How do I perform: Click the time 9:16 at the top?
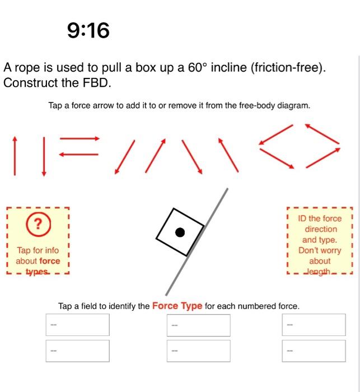point(88,30)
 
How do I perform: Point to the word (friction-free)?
point(288,68)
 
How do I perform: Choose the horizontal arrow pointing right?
point(79,138)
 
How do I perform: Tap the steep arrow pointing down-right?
point(191,155)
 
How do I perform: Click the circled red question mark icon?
point(38,224)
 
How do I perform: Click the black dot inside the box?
point(179,232)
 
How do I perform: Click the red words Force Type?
point(177,306)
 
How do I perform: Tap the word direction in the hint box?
point(321,229)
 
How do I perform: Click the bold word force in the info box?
point(49,261)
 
